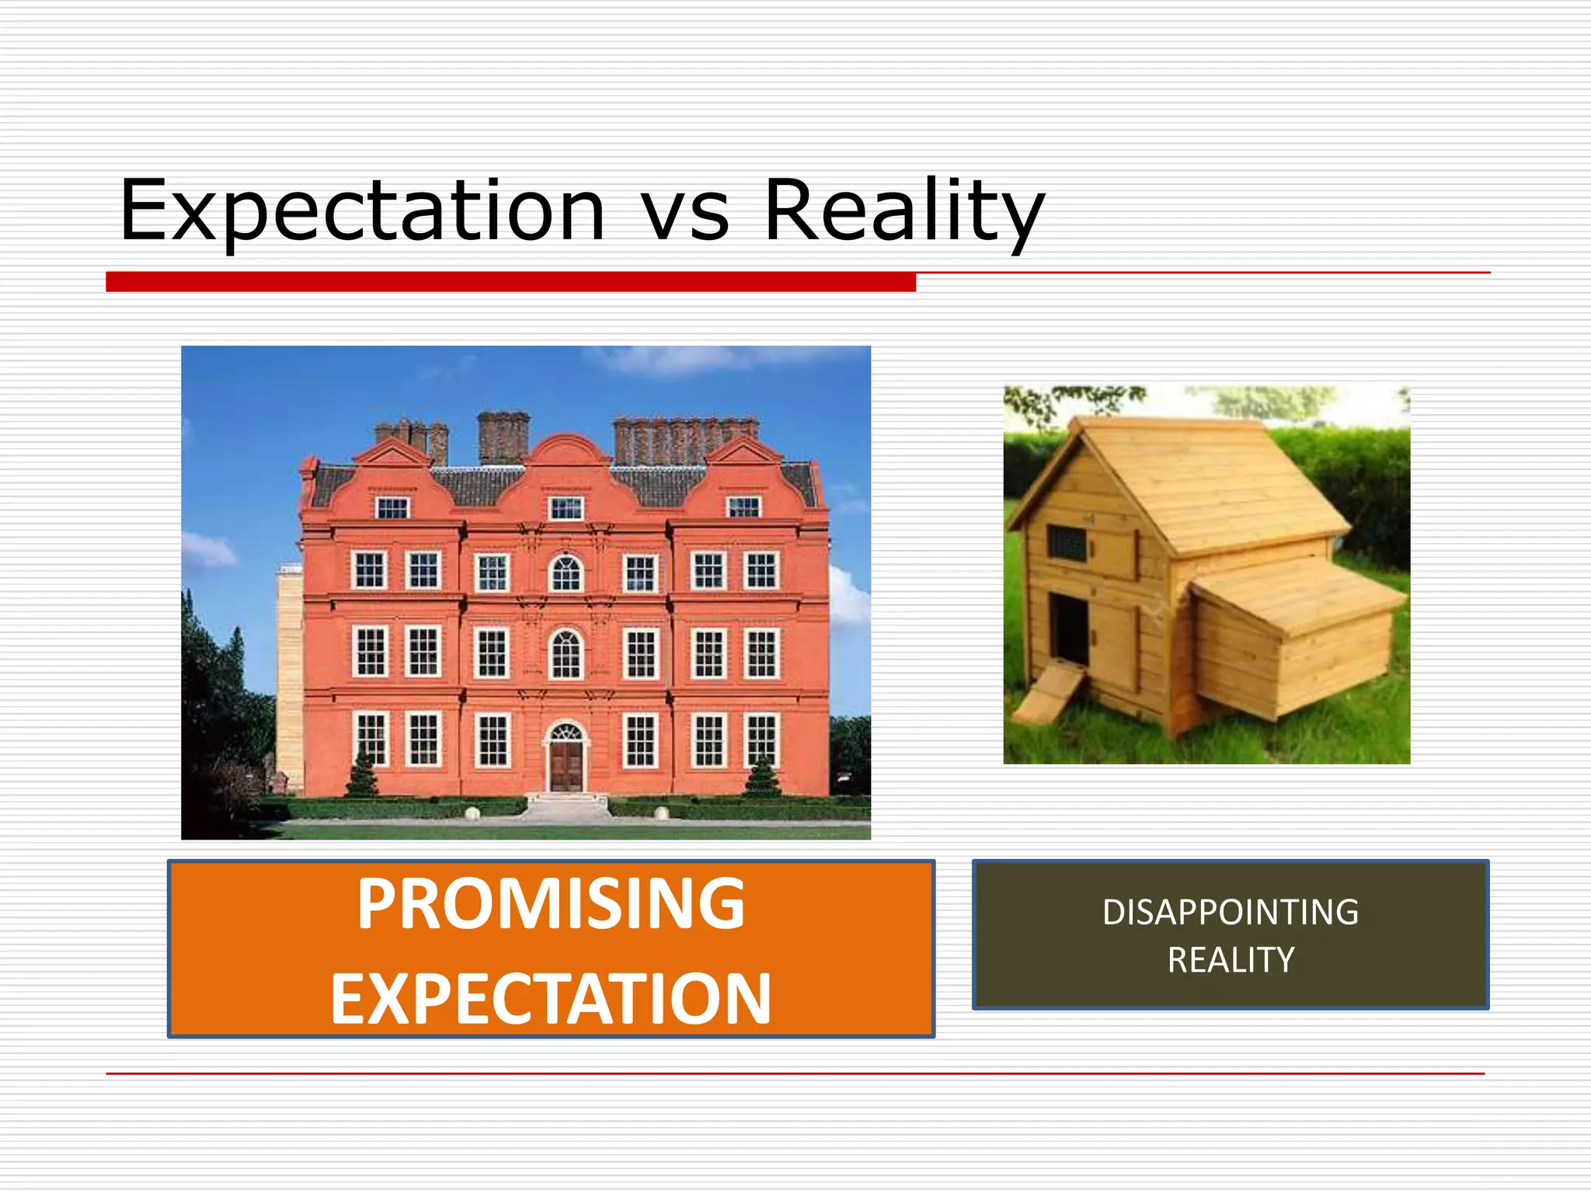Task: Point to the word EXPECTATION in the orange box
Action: [551, 1000]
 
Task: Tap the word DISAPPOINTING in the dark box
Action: [1231, 913]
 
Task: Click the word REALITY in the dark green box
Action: [1231, 961]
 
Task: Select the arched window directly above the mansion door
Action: [566, 654]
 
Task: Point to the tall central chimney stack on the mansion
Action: [503, 437]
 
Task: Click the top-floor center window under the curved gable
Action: [566, 509]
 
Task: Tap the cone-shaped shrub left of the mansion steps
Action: [362, 773]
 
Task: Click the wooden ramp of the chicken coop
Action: [1049, 693]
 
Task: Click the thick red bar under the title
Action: [510, 282]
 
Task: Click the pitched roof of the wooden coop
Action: [1212, 482]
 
